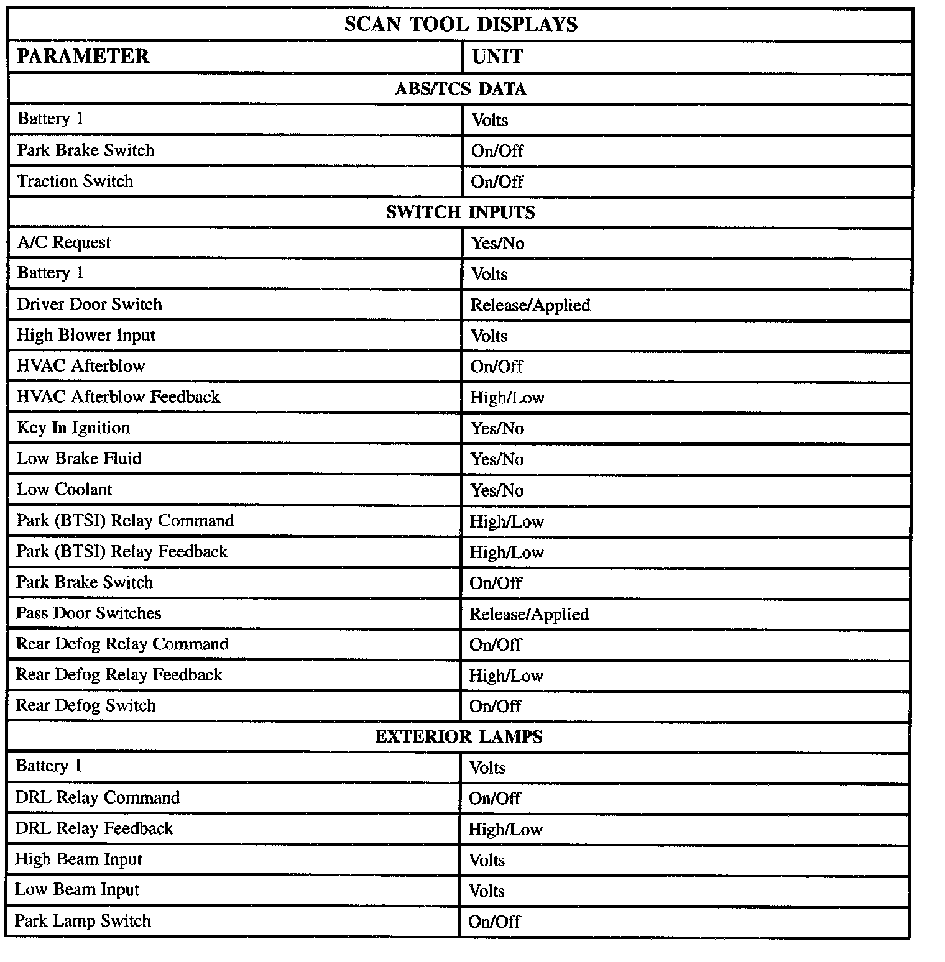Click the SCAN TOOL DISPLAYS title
461,24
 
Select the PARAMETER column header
83,56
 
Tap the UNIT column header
497,57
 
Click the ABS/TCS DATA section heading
461,89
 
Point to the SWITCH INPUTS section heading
460,212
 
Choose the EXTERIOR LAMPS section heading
459,736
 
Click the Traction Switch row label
75,181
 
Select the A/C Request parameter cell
63,242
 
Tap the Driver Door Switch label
90,304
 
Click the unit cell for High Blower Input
489,336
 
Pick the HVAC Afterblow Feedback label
118,396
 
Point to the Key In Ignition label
73,428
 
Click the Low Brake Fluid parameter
79,458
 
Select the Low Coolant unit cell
497,490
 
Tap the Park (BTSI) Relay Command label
125,520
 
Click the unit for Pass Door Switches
529,614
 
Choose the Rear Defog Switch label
85,705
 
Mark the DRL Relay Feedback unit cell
505,829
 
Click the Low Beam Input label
77,889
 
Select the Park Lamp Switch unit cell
494,921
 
